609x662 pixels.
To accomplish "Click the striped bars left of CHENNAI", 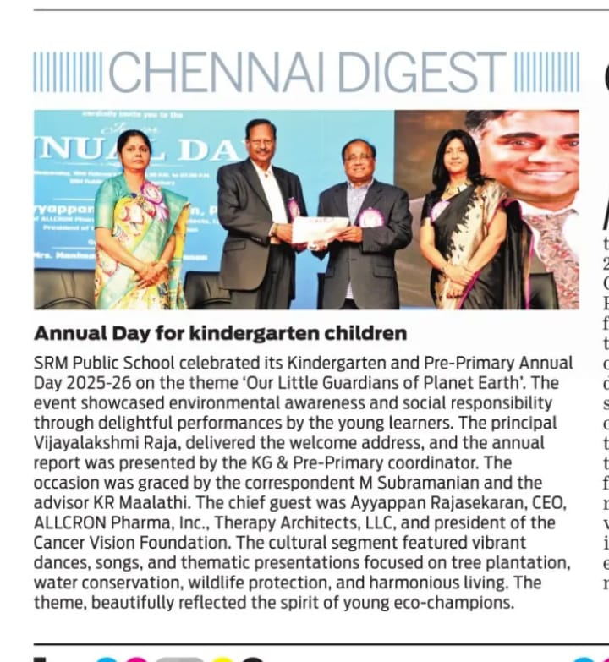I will tap(68, 72).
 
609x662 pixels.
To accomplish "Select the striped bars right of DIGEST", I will tap(547, 72).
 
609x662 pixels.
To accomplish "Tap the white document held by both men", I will tap(320, 230).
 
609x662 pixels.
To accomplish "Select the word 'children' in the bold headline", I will tap(364, 332).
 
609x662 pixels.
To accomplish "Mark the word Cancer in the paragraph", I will tap(61, 542).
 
